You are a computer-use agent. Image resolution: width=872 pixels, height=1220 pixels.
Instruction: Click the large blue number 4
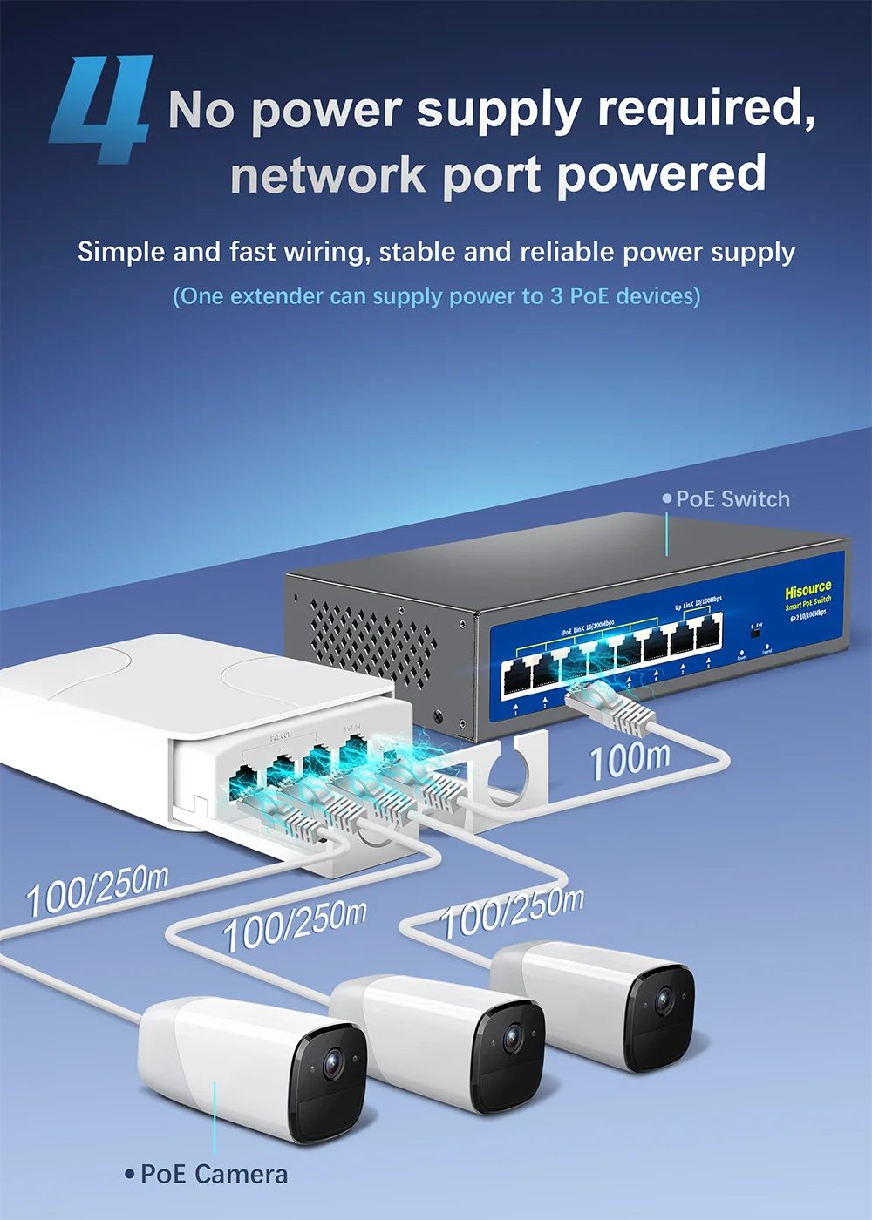pyautogui.click(x=100, y=109)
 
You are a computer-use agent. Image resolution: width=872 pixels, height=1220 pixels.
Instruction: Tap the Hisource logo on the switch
pyautogui.click(x=807, y=590)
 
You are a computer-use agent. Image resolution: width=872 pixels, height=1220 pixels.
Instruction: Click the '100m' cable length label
pyautogui.click(x=630, y=760)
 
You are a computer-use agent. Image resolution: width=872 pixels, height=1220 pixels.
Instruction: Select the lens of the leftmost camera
pyautogui.click(x=332, y=1064)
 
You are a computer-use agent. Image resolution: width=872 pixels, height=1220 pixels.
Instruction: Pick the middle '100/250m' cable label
pyautogui.click(x=295, y=925)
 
